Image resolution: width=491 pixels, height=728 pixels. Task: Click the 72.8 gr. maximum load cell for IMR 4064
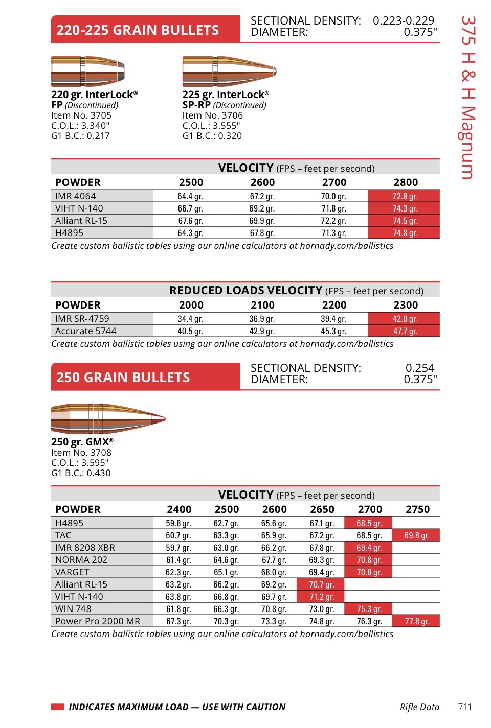[x=405, y=196]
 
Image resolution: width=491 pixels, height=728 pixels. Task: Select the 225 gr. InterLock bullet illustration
[x=229, y=72]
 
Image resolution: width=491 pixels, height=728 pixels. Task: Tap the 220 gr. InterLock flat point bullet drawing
[x=88, y=72]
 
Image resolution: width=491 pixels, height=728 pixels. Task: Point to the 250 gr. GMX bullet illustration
[x=108, y=419]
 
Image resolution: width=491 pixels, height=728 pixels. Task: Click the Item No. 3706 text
[x=212, y=115]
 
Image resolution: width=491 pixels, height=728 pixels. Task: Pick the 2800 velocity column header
[x=406, y=182]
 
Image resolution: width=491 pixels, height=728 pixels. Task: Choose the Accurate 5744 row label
[x=86, y=331]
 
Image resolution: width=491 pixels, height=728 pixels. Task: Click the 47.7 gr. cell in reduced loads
[x=405, y=331]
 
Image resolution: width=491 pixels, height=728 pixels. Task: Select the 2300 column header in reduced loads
[x=406, y=305]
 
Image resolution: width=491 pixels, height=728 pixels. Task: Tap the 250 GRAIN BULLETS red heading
[x=123, y=378]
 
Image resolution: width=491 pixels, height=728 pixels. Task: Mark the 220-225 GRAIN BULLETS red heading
[x=138, y=30]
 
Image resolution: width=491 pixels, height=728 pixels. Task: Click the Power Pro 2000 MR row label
[x=98, y=621]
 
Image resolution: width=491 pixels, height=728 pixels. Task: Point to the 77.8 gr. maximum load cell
[x=416, y=621]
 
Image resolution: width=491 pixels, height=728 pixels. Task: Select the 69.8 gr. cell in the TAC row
[x=416, y=535]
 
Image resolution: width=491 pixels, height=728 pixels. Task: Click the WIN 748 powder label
[x=73, y=609]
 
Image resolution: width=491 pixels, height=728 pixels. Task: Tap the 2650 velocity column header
[x=322, y=509]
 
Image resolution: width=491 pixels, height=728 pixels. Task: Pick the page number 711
[x=465, y=707]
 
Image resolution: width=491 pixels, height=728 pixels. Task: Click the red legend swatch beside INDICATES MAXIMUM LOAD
[x=58, y=707]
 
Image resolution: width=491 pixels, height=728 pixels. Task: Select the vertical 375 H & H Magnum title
[x=467, y=97]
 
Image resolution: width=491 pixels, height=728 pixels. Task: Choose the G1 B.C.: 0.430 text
[x=81, y=473]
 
